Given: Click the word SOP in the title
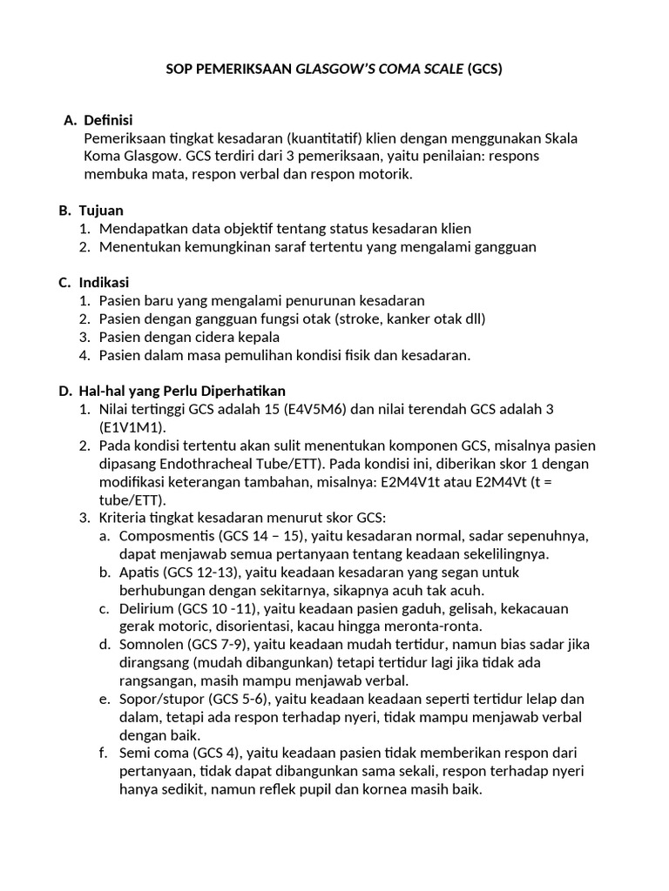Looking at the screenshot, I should pyautogui.click(x=179, y=70).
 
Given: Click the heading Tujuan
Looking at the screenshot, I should pyautogui.click(x=101, y=211).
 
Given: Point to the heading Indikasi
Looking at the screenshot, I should pyautogui.click(x=104, y=283).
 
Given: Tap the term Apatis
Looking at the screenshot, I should pyautogui.click(x=140, y=573).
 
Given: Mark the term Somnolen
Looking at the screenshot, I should pyautogui.click(x=150, y=645).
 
